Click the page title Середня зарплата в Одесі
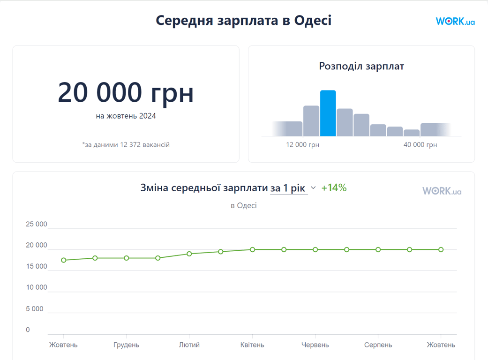[x=243, y=21]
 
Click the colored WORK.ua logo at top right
[x=455, y=22]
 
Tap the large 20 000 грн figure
[x=126, y=92]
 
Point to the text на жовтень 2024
[x=126, y=116]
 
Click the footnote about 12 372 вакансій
[x=126, y=145]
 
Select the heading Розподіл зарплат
[x=361, y=66]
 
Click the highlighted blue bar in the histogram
[x=328, y=113]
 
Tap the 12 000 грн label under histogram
[x=302, y=145]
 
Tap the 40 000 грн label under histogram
[x=420, y=145]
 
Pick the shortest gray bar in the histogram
[x=412, y=133]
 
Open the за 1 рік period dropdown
[x=293, y=188]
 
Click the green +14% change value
[x=334, y=188]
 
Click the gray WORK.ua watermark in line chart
[x=442, y=191]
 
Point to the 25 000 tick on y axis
[x=37, y=225]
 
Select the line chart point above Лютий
[x=189, y=254]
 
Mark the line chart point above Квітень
[x=252, y=250]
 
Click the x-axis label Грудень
[x=126, y=345]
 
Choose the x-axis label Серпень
[x=378, y=345]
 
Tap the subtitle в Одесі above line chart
[x=243, y=205]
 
